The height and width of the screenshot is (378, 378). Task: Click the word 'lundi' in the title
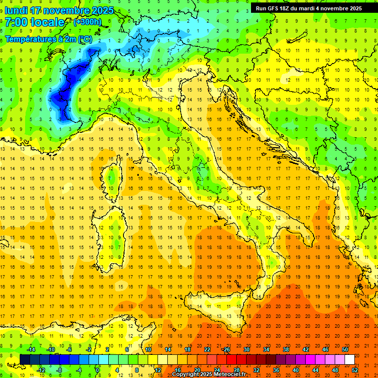(16, 10)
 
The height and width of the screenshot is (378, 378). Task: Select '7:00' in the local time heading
(16, 22)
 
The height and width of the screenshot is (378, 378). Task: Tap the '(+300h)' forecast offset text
(87, 22)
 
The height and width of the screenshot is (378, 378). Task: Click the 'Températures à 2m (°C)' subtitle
(48, 39)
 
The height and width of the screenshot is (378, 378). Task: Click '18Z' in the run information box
(289, 8)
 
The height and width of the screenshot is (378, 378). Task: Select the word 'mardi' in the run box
(315, 8)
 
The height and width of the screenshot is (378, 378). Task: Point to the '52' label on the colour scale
(355, 370)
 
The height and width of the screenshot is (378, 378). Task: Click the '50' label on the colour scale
(345, 349)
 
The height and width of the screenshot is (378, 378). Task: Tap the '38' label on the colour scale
(285, 349)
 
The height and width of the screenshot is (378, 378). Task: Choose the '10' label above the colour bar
(148, 349)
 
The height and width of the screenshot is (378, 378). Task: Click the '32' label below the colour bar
(256, 370)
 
